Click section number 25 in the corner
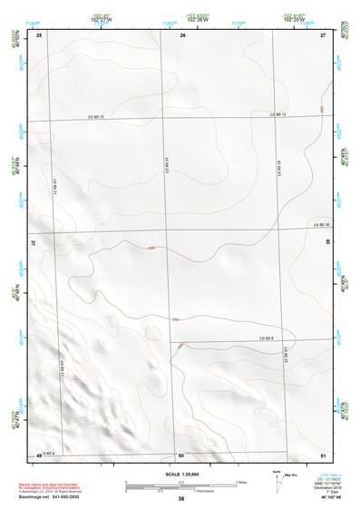[x=39, y=34]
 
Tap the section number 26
[x=182, y=34]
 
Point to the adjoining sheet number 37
[x=34, y=242]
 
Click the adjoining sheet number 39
[x=327, y=242]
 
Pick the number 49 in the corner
[x=39, y=454]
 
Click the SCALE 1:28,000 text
[x=180, y=474]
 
